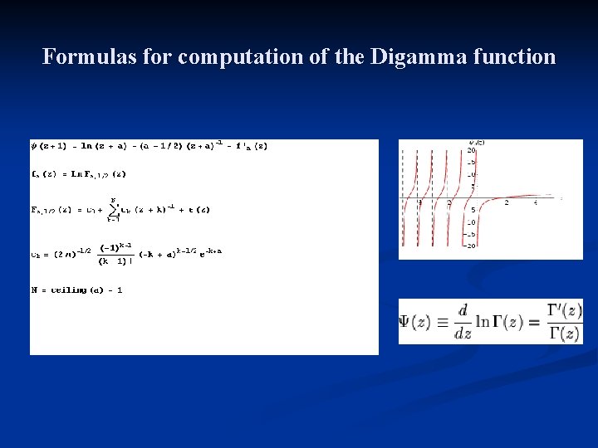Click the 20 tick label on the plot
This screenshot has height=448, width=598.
[x=471, y=150]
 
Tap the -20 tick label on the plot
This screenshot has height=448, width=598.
[x=471, y=245]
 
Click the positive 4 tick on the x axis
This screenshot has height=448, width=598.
[x=535, y=203]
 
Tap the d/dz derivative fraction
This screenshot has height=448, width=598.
[x=463, y=322]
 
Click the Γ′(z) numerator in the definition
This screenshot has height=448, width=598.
[x=565, y=310]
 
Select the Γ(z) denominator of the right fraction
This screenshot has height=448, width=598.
[x=565, y=334]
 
